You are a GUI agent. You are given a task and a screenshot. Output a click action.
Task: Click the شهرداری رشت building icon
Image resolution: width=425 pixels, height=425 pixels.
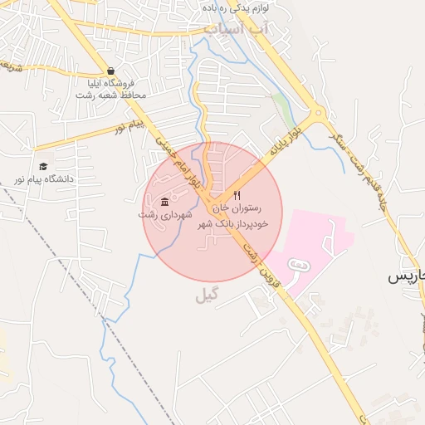164,203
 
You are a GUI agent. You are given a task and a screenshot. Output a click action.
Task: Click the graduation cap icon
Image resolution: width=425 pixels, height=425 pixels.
42,166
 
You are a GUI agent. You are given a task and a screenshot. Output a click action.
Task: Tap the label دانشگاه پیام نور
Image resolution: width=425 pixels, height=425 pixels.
42,179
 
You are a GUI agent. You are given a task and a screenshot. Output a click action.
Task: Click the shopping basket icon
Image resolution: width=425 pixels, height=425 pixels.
110,71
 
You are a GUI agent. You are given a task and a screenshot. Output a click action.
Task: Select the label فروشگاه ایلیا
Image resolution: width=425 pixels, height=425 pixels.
110,83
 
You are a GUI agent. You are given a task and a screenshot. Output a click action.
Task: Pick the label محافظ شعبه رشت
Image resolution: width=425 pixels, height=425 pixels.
110,95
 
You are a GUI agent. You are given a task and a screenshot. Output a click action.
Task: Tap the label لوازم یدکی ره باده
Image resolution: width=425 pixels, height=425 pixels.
250,7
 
